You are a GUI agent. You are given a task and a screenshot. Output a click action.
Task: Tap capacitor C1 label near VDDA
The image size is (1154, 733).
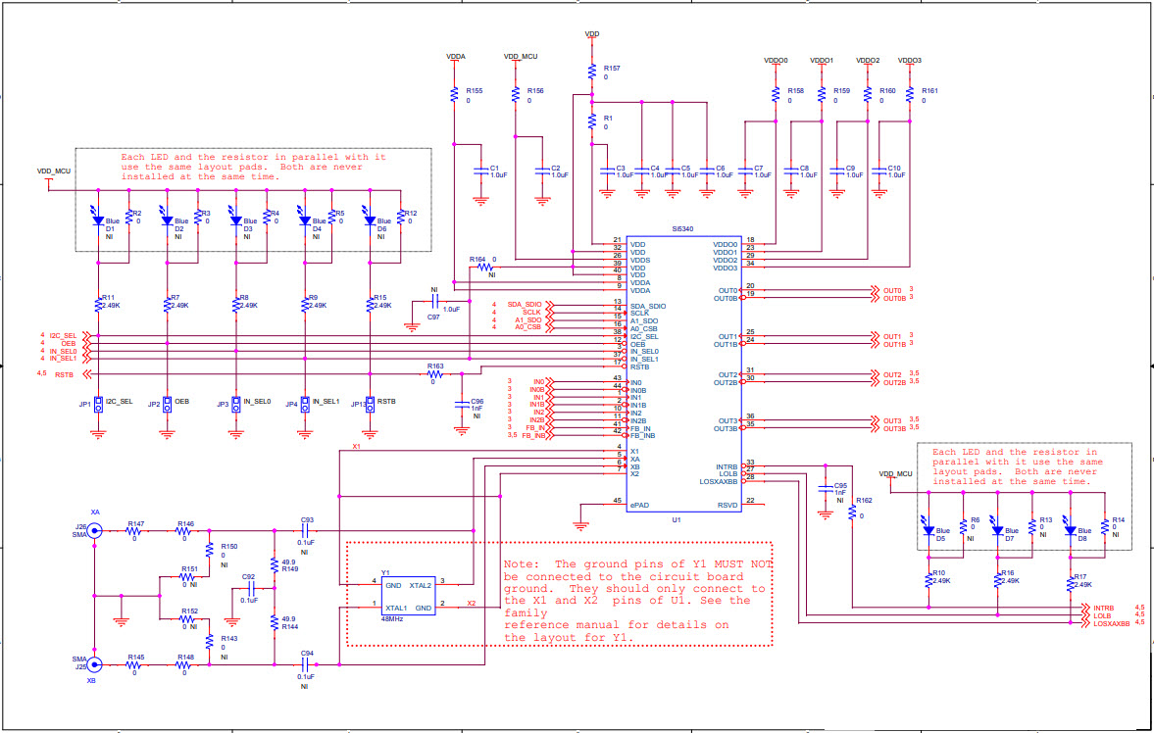495,168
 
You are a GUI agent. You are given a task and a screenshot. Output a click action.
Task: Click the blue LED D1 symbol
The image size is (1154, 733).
98,220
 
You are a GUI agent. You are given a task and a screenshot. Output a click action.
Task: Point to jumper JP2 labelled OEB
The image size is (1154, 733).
168,403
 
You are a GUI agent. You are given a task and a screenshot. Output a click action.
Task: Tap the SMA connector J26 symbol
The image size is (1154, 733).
94,530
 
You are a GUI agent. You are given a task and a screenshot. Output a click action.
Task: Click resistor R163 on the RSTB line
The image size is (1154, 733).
435,373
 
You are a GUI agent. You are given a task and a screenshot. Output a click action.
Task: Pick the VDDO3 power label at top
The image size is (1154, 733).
909,61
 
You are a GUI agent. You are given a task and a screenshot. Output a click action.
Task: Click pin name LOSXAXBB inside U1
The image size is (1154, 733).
718,481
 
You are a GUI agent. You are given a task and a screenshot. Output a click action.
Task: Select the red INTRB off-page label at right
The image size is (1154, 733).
1104,608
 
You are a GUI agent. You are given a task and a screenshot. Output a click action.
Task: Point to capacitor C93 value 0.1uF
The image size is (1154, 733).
306,542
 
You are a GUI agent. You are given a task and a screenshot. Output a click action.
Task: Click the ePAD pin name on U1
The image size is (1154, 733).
639,504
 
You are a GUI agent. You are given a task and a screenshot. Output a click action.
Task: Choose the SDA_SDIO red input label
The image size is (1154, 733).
526,306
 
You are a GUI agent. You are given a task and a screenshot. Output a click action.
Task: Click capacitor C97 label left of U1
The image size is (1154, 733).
433,318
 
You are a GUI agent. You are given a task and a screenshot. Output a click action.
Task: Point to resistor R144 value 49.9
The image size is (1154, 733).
288,619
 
